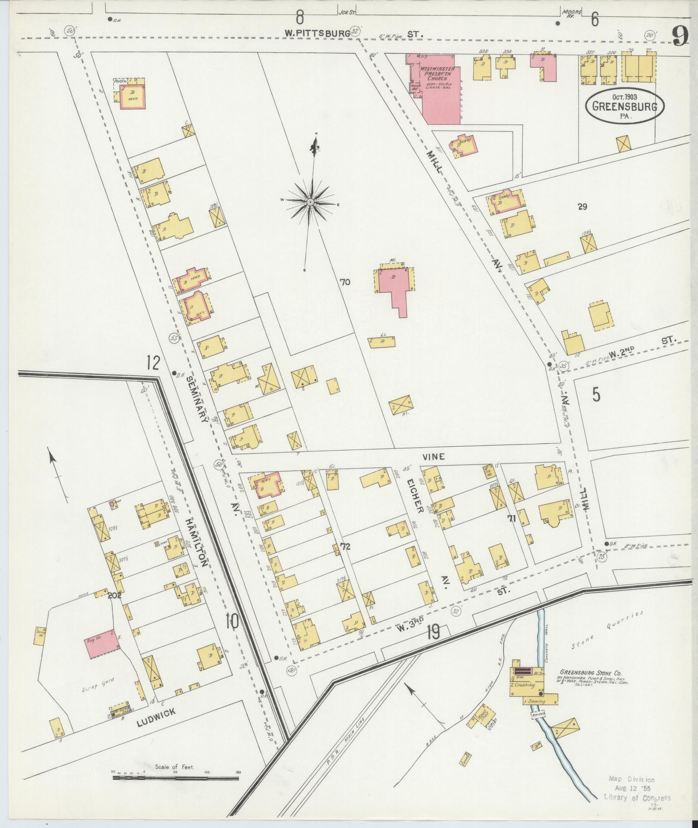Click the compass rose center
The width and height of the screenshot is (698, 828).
(310, 202)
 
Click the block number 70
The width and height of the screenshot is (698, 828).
(345, 283)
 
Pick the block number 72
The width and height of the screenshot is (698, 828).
(345, 546)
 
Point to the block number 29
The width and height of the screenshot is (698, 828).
(582, 207)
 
